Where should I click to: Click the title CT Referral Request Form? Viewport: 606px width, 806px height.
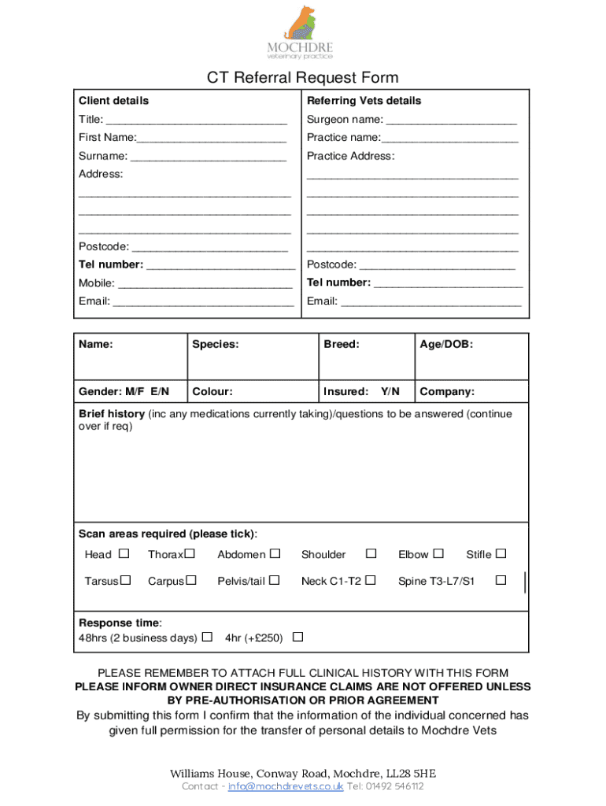point(302,77)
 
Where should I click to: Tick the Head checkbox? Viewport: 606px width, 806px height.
point(124,554)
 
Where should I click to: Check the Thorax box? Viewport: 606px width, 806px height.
point(190,554)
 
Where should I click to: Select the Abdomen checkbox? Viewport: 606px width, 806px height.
point(275,554)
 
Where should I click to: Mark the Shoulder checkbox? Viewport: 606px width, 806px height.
point(371,554)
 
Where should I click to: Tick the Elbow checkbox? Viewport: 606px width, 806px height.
point(438,554)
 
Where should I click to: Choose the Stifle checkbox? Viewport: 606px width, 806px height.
point(501,554)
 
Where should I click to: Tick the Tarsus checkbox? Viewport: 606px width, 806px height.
point(124,581)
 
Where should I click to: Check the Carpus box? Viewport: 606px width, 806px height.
point(190,581)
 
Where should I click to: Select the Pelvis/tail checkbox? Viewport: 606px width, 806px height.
point(275,581)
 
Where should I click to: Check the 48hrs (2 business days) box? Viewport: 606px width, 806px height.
point(207,637)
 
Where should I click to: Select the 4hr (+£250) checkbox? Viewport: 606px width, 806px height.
point(297,637)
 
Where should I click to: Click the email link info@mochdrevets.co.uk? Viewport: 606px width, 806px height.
point(285,786)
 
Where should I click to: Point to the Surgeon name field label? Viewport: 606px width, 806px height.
point(345,120)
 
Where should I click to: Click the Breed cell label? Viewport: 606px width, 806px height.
point(341,344)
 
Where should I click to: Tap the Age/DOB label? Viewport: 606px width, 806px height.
point(446,344)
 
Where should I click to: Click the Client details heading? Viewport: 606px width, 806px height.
point(113,101)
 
